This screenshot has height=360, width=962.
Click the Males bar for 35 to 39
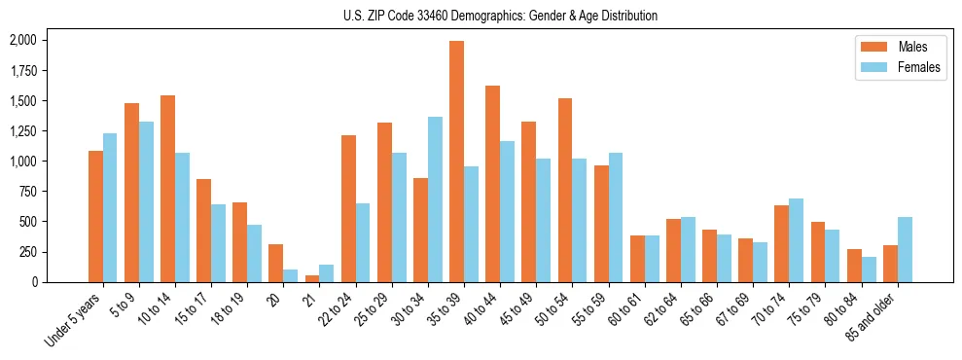coord(456,162)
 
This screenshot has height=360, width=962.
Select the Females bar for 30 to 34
coord(435,199)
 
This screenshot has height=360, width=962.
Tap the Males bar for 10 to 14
coord(167,189)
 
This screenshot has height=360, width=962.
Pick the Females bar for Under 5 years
coord(110,207)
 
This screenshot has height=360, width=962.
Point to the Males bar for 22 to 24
coord(348,208)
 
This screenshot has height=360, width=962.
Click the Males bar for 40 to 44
coord(492,184)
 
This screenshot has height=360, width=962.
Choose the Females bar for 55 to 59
coord(616,217)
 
